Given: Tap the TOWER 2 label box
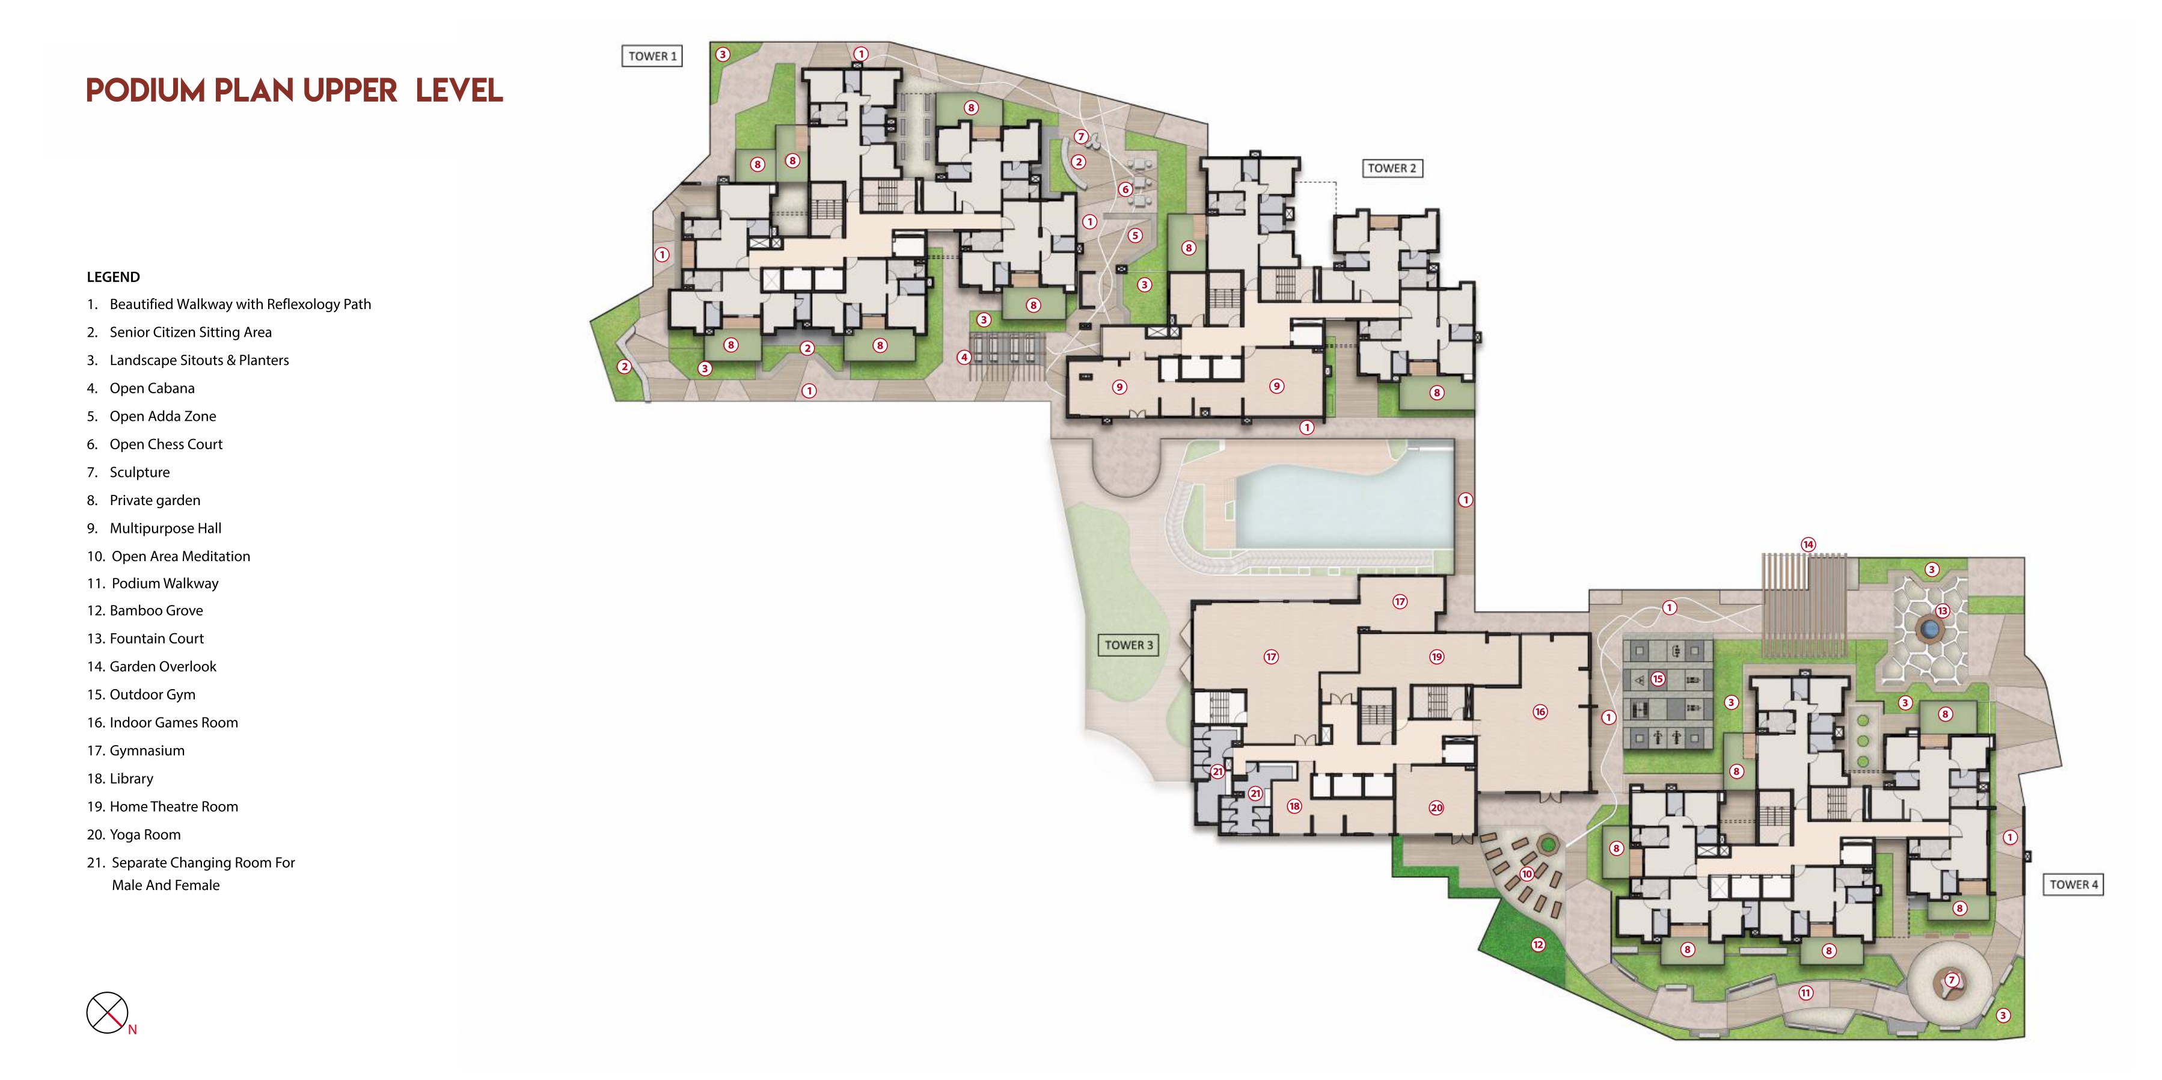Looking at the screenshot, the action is pos(1392,168).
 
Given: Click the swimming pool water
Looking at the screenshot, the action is pos(1343,503).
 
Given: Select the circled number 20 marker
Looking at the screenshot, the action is pos(1436,807).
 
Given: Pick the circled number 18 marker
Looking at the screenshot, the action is pos(1294,806).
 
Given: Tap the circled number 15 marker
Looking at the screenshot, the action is pos(1658,678).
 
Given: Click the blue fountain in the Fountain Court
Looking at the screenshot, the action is pos(1929,628).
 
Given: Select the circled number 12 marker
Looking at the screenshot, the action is pos(1537,944).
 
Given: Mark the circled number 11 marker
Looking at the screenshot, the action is pos(1805,993).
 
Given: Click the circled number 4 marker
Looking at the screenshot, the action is pos(964,357).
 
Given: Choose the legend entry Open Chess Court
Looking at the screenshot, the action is pos(155,444).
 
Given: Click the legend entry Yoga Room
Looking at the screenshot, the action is pos(134,834).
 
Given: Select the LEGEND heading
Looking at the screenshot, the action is pos(113,277).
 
